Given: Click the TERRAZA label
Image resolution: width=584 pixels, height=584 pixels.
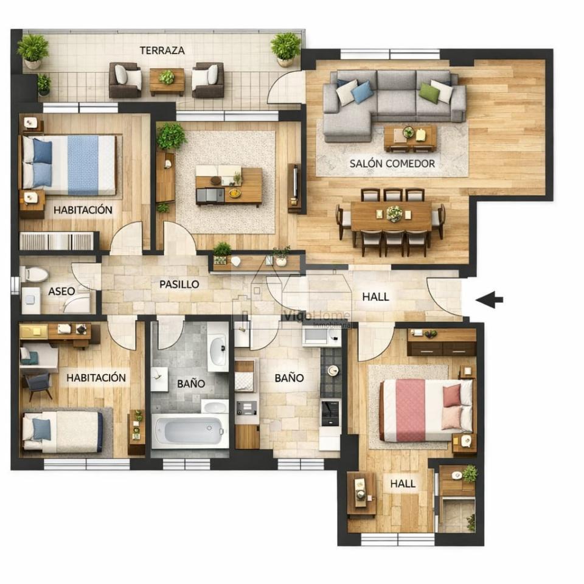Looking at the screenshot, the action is [x=162, y=50].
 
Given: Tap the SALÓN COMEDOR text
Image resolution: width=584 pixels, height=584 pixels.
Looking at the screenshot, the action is [x=392, y=164].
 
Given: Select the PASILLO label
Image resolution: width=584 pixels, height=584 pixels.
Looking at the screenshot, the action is [x=179, y=284].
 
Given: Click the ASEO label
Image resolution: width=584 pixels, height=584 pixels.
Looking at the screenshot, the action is [x=61, y=291].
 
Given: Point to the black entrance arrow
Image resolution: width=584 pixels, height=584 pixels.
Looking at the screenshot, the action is [x=489, y=299].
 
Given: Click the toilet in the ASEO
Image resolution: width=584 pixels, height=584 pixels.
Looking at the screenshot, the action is [x=34, y=274].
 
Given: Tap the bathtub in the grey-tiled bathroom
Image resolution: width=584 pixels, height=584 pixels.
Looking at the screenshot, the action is [x=190, y=431].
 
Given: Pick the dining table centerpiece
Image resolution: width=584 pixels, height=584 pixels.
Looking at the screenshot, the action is [x=394, y=214].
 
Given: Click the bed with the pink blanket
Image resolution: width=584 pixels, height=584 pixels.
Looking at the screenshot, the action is [x=426, y=410].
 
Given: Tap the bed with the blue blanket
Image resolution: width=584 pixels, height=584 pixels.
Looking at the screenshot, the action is [x=69, y=165].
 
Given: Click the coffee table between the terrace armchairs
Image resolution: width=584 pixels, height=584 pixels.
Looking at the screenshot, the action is [x=167, y=81].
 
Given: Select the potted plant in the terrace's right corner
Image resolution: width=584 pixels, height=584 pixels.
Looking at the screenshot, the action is [x=286, y=49].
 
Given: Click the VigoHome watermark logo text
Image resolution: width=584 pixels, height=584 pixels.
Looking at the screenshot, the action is [x=316, y=316].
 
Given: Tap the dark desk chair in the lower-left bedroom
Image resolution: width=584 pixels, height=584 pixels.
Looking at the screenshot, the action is [x=38, y=386].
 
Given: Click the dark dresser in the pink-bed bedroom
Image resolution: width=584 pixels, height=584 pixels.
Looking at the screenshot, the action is [x=442, y=342].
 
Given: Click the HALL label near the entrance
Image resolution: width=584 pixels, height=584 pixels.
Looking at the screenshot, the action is [x=375, y=297].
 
